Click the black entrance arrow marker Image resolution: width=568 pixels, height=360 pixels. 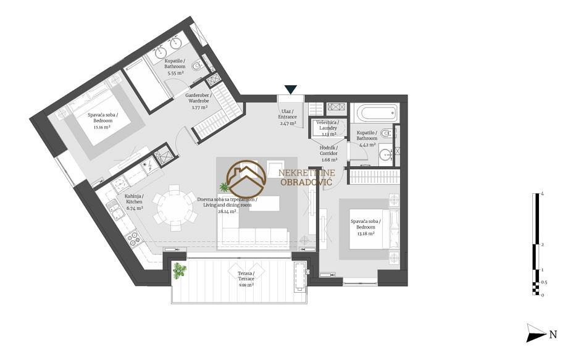[291, 90]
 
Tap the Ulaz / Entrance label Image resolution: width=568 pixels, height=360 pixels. [288, 114]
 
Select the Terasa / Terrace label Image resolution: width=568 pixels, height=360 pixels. [246, 276]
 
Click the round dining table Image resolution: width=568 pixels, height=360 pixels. [175, 208]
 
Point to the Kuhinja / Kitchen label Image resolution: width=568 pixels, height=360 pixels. [134, 199]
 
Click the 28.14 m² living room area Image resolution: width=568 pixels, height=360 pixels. [227, 212]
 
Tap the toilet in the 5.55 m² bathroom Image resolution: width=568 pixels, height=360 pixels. [198, 65]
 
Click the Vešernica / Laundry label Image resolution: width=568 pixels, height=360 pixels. [328, 125]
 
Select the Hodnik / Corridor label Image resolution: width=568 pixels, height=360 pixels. [329, 151]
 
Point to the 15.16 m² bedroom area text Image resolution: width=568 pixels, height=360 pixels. [101, 127]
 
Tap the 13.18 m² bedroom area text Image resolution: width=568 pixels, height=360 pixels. [365, 233]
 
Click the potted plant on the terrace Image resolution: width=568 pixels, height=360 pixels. [179, 270]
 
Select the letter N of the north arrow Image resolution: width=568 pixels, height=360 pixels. [553, 334]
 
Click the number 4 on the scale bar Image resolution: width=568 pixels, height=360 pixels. [542, 194]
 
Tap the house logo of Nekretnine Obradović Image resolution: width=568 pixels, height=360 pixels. [246, 178]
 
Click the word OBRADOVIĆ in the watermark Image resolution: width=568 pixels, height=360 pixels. [306, 182]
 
